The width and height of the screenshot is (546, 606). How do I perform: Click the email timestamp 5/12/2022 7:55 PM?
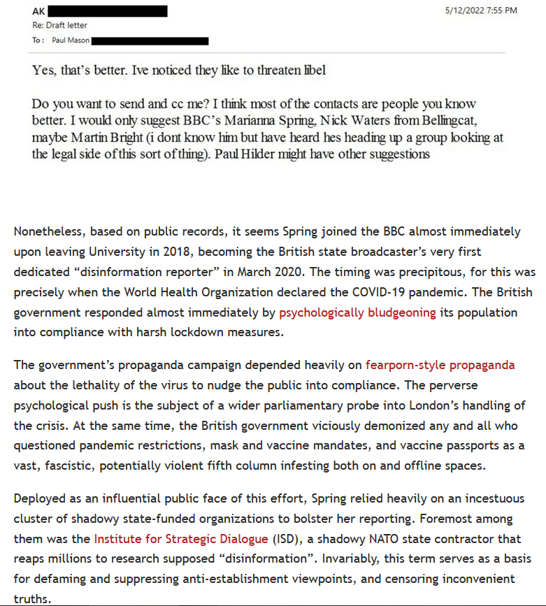coord(481,10)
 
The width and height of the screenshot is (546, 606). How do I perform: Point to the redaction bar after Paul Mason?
coord(150,41)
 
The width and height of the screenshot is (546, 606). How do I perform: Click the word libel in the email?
coord(312,71)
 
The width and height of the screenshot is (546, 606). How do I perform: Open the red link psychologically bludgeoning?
coord(357,312)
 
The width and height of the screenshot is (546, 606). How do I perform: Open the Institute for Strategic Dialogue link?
coord(181,538)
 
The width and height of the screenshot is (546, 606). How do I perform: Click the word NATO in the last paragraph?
coord(376,538)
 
